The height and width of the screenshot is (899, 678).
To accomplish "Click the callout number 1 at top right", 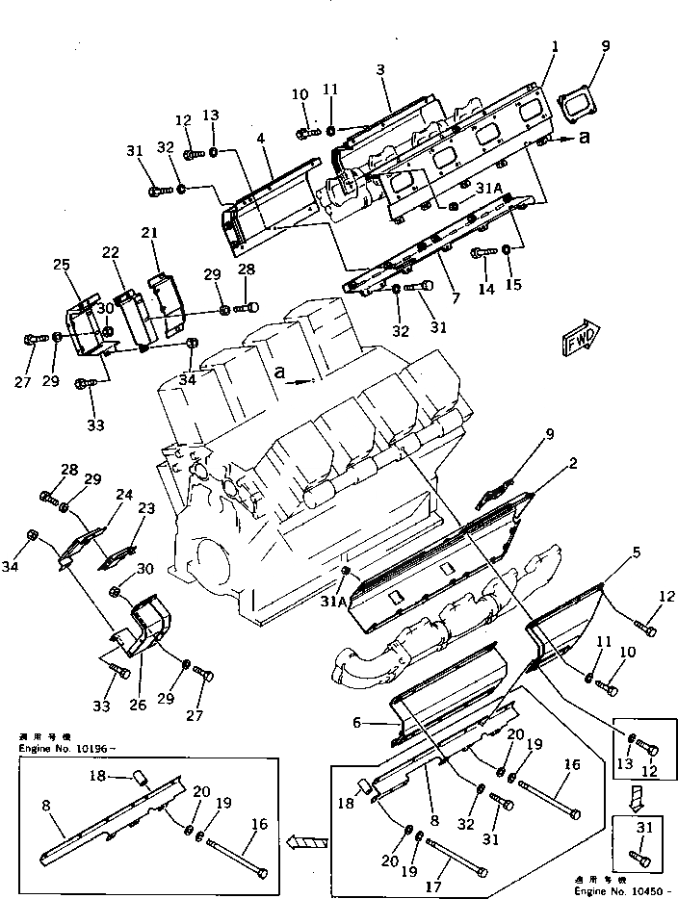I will (556, 47).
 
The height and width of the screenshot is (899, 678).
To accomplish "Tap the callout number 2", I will (572, 464).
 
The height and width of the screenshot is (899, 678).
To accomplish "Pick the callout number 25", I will (62, 265).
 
